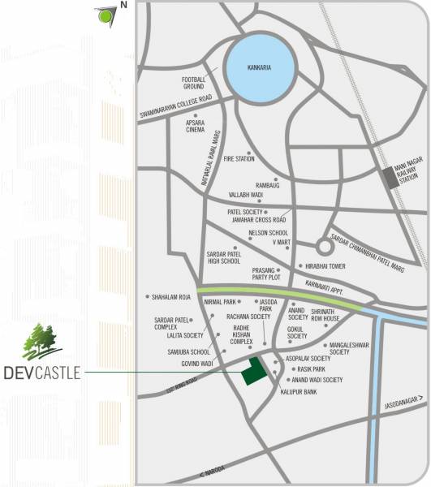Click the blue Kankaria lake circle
pyautogui.click(x=261, y=63)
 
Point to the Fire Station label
pyautogui.click(x=239, y=158)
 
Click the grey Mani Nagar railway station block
pyautogui.click(x=393, y=178)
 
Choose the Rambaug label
pyautogui.click(x=267, y=185)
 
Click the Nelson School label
pyautogui.click(x=268, y=232)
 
